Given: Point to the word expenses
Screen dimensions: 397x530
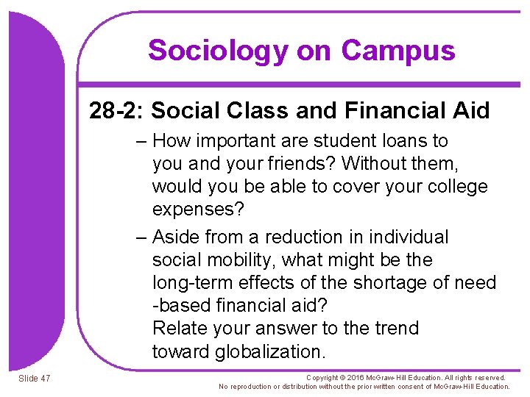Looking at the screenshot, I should tap(197, 209).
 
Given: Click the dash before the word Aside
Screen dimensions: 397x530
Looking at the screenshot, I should tap(142, 237).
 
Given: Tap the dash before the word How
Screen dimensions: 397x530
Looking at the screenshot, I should tap(142, 140).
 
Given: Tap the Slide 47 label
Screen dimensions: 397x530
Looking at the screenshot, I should tap(35, 378).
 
